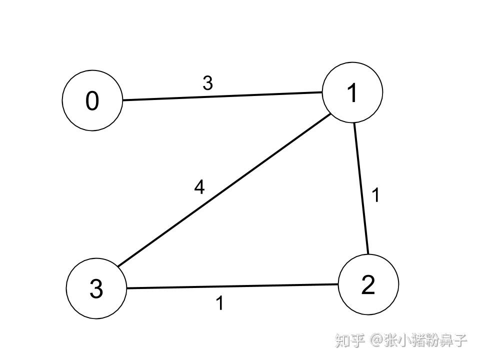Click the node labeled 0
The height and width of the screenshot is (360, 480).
[92, 100]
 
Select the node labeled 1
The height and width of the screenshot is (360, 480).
[352, 92]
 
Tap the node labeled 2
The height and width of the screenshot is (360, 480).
[368, 284]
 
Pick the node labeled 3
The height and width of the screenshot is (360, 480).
[96, 288]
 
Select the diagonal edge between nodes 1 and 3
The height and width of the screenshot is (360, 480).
[225, 190]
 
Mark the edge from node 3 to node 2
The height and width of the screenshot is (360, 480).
[232, 286]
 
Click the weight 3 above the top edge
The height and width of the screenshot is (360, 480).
[207, 83]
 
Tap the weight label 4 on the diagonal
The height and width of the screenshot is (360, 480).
[199, 187]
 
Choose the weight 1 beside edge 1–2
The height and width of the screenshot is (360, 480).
[376, 194]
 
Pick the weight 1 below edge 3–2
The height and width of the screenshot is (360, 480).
[219, 303]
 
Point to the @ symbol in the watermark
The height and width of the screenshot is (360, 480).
[376, 341]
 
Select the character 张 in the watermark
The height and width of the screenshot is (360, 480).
[390, 341]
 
